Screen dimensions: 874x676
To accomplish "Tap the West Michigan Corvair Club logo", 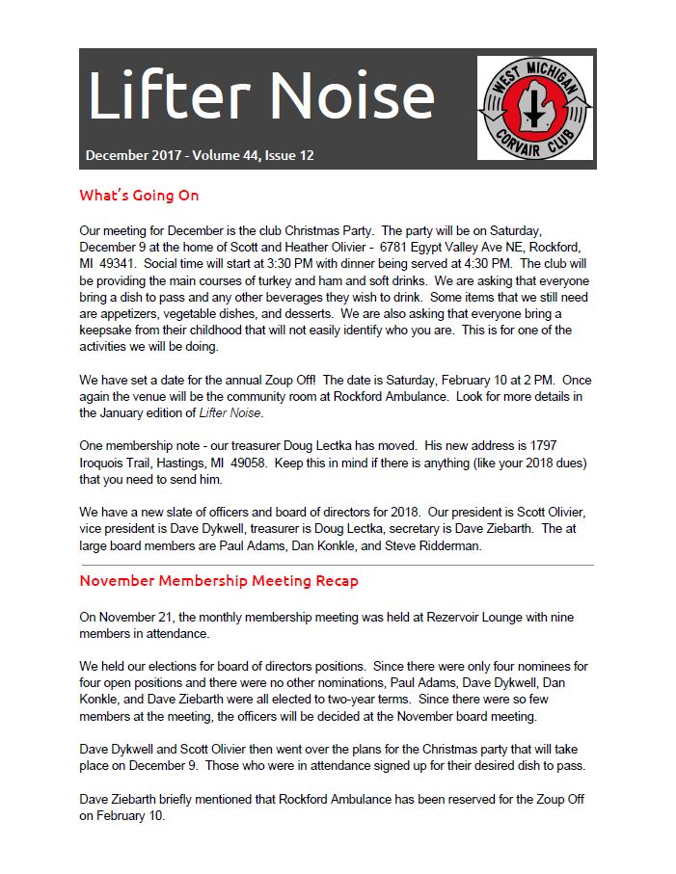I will pyautogui.click(x=534, y=107).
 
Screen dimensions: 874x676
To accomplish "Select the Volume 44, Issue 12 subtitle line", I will pyautogui.click(x=200, y=155).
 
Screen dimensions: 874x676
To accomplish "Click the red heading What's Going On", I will pyautogui.click(x=139, y=196).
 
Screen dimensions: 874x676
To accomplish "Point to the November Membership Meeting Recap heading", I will pyautogui.click(x=219, y=581).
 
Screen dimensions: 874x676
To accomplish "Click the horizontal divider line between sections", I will pyautogui.click(x=338, y=565).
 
